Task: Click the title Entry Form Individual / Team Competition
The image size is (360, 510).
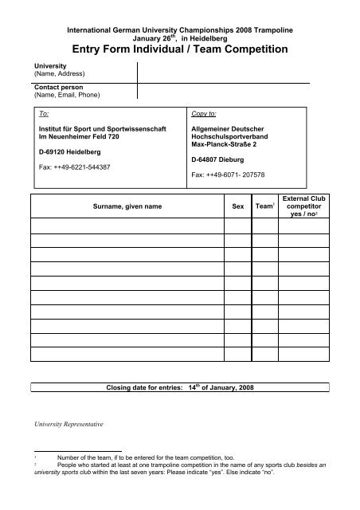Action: [179, 49]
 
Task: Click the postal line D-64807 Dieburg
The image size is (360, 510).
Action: [221, 159]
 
